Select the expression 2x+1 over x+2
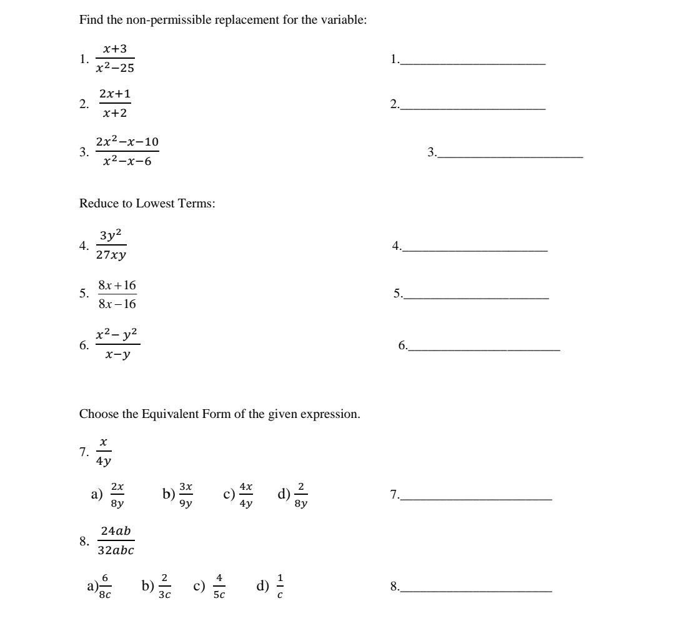[x=114, y=104]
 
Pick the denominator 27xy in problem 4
[x=111, y=255]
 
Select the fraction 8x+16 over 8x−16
[x=117, y=295]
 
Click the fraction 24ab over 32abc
[x=116, y=540]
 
